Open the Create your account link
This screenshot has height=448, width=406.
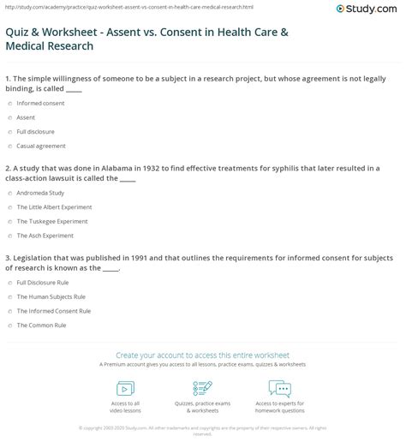click(x=202, y=355)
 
